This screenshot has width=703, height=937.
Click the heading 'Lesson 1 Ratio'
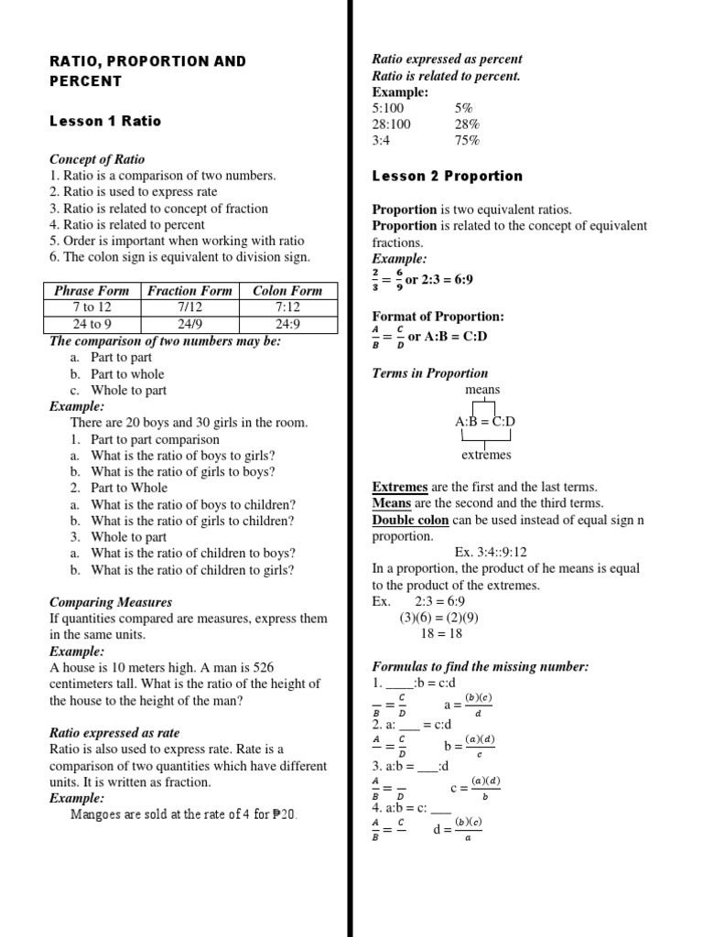point(105,121)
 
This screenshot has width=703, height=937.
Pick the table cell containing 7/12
point(190,307)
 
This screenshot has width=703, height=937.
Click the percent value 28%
point(467,124)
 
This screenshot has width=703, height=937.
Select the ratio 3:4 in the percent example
point(384,141)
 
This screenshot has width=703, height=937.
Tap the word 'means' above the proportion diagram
point(482,390)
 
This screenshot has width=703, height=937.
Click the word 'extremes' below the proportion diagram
point(486,455)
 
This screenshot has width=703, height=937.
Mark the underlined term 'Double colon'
point(410,520)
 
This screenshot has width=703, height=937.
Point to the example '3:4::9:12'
point(490,552)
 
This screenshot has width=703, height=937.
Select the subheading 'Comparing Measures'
point(111,602)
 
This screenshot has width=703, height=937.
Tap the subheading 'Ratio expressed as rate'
point(114,733)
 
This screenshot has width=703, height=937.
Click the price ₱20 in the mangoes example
point(284,814)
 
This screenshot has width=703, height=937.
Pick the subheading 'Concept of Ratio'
point(97,159)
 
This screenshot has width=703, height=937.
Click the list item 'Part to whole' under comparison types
point(127,373)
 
